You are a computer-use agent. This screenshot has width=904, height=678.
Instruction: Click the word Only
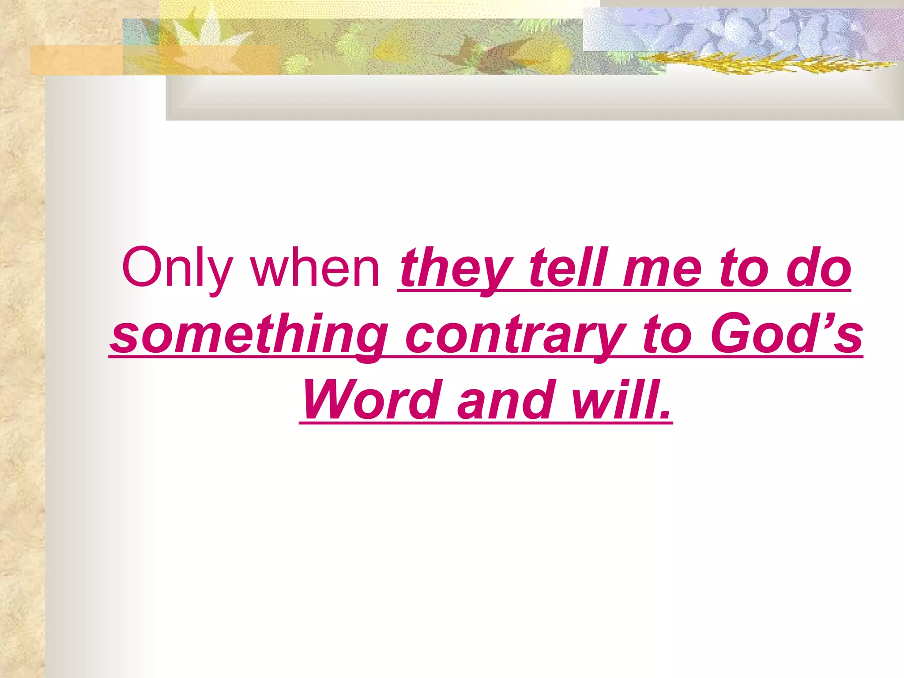[177, 268]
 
